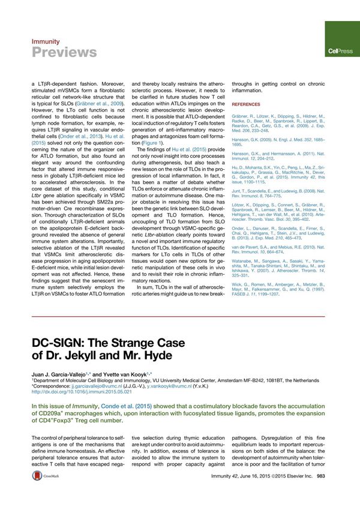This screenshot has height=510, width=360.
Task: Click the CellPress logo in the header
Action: pyautogui.click(x=340, y=52)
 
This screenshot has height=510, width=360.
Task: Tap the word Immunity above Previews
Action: pyautogui.click(x=45, y=41)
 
